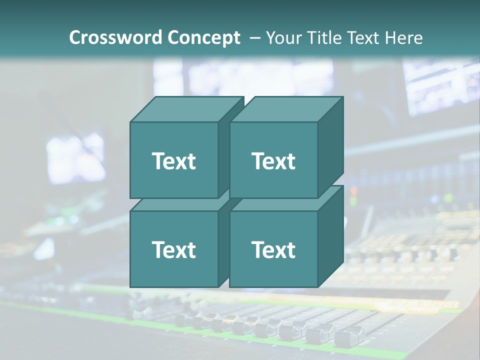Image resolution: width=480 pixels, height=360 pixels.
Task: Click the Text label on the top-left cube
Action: [x=173, y=161]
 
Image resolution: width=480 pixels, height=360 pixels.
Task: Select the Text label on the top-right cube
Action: [x=273, y=161]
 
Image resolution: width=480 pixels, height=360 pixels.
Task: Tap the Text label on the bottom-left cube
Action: [x=173, y=249]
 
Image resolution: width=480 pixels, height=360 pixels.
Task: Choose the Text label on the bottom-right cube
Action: [x=273, y=249]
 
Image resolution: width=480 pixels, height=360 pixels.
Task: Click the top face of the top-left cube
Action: [x=186, y=109]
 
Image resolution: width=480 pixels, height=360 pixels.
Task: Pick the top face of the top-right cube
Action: [x=286, y=109]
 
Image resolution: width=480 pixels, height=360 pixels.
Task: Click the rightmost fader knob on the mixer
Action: [x=349, y=336]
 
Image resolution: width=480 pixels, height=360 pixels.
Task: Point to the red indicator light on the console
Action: [x=353, y=190]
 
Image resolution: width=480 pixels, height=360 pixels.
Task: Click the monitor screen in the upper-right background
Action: [x=440, y=85]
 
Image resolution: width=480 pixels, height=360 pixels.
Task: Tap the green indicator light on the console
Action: [x=353, y=201]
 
